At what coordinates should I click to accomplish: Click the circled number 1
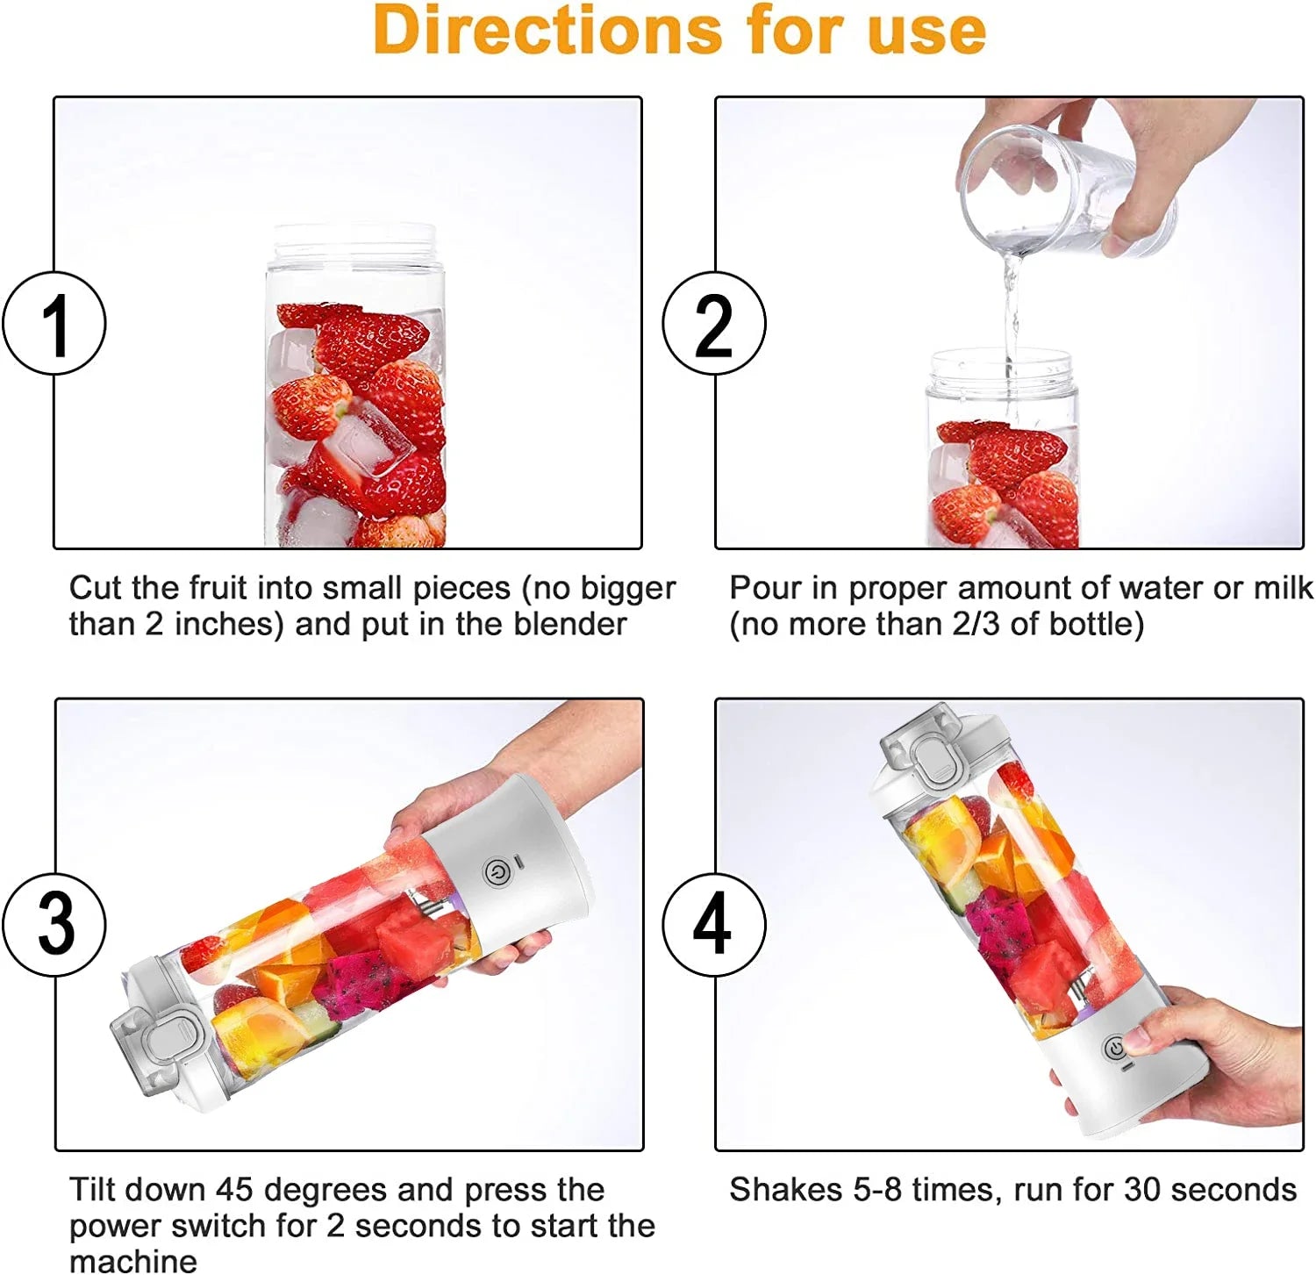[54, 324]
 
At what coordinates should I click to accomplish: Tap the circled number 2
[713, 324]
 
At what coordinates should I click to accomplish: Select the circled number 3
[54, 925]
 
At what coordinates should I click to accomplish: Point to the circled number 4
[713, 925]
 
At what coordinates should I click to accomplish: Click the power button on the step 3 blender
[496, 872]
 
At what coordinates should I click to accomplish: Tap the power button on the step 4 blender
[1114, 1049]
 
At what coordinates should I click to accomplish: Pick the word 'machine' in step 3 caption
[133, 1261]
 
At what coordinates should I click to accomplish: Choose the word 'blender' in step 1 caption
[570, 624]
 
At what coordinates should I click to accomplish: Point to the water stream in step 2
[1012, 316]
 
